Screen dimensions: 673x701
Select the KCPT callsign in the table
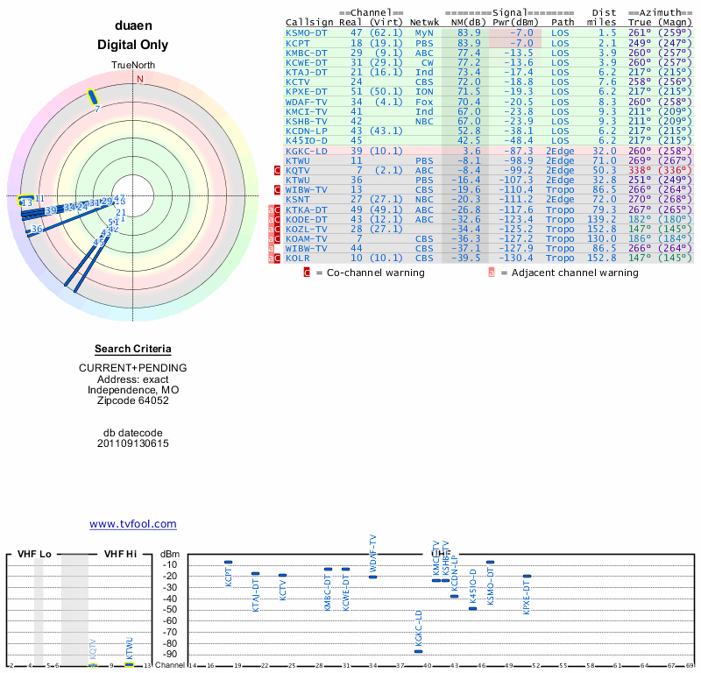tap(298, 42)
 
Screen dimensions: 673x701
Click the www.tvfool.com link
tap(133, 524)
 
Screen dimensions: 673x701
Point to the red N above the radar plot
tap(139, 79)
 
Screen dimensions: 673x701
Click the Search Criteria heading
tap(133, 349)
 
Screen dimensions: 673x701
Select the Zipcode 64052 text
tap(133, 400)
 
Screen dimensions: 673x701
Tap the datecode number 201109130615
tap(133, 443)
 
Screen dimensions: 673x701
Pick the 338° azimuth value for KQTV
tap(640, 170)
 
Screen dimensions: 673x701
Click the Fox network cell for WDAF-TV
tap(424, 101)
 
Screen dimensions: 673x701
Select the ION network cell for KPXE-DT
tap(424, 91)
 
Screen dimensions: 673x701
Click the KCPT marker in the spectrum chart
tap(228, 562)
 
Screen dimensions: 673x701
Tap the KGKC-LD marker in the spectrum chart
tap(418, 651)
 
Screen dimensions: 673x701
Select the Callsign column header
tap(309, 22)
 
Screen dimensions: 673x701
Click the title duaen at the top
tap(133, 26)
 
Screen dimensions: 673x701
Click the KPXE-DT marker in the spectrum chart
tap(527, 576)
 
